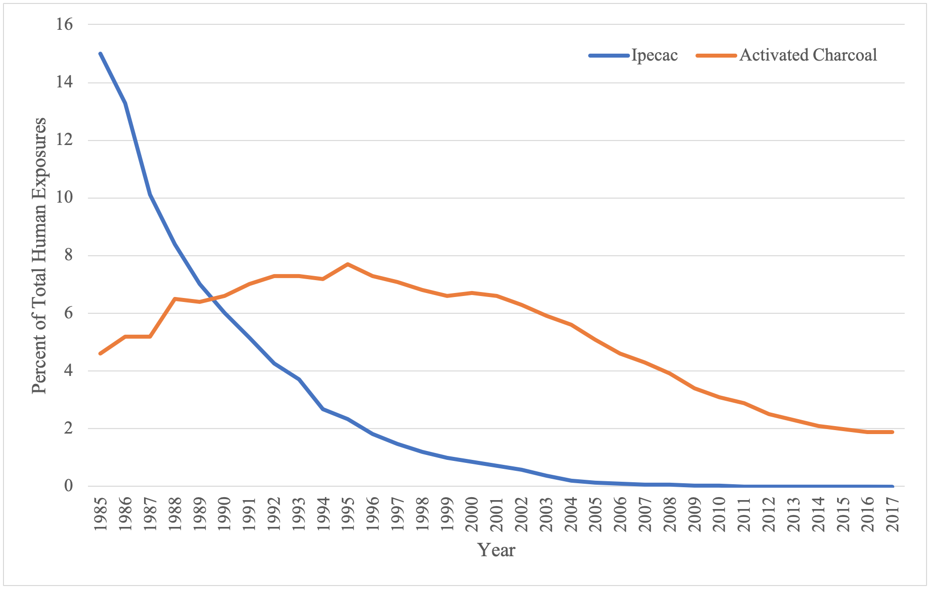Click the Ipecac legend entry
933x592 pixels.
tap(633, 55)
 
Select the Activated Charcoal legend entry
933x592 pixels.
tap(787, 55)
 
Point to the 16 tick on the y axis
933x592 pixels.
tap(65, 24)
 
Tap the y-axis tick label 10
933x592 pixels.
tap(65, 198)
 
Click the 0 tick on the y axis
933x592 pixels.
tap(69, 486)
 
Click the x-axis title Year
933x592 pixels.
tap(496, 550)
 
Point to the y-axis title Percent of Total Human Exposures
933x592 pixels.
tap(39, 255)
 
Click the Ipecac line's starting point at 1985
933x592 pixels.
tap(100, 54)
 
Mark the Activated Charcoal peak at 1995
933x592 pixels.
tap(348, 264)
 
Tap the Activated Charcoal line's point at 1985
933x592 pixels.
tap(100, 354)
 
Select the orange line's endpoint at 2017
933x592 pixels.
tap(892, 432)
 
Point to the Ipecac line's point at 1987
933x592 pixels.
tap(150, 195)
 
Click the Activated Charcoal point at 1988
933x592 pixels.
tap(175, 299)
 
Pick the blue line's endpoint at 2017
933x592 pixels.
tap(892, 486)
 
